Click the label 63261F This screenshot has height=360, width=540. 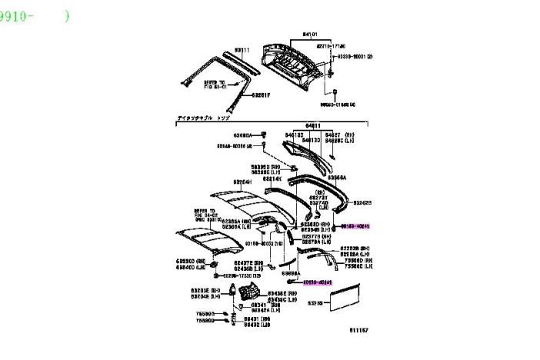tap(262, 95)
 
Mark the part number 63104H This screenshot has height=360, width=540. tap(245, 182)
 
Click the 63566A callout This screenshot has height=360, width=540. tap(337, 175)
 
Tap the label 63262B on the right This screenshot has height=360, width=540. tap(362, 202)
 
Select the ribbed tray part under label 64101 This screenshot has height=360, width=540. tap(293, 59)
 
